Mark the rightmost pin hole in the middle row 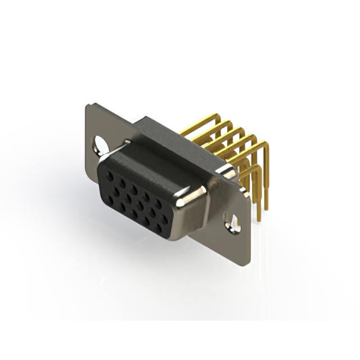(x=165, y=216)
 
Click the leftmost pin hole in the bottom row (x=111, y=197)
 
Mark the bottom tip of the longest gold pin (x=259, y=219)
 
